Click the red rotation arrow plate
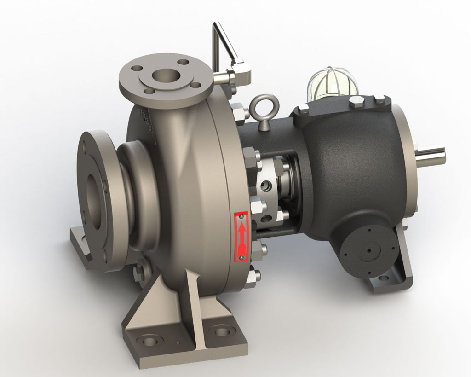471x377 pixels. (x=241, y=236)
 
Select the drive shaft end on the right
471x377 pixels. (x=432, y=156)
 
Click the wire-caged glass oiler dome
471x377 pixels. (x=333, y=84)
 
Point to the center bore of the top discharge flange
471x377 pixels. (x=164, y=75)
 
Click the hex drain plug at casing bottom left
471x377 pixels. (x=140, y=273)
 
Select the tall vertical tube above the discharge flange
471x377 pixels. (x=217, y=44)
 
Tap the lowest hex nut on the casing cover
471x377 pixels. (x=252, y=278)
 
